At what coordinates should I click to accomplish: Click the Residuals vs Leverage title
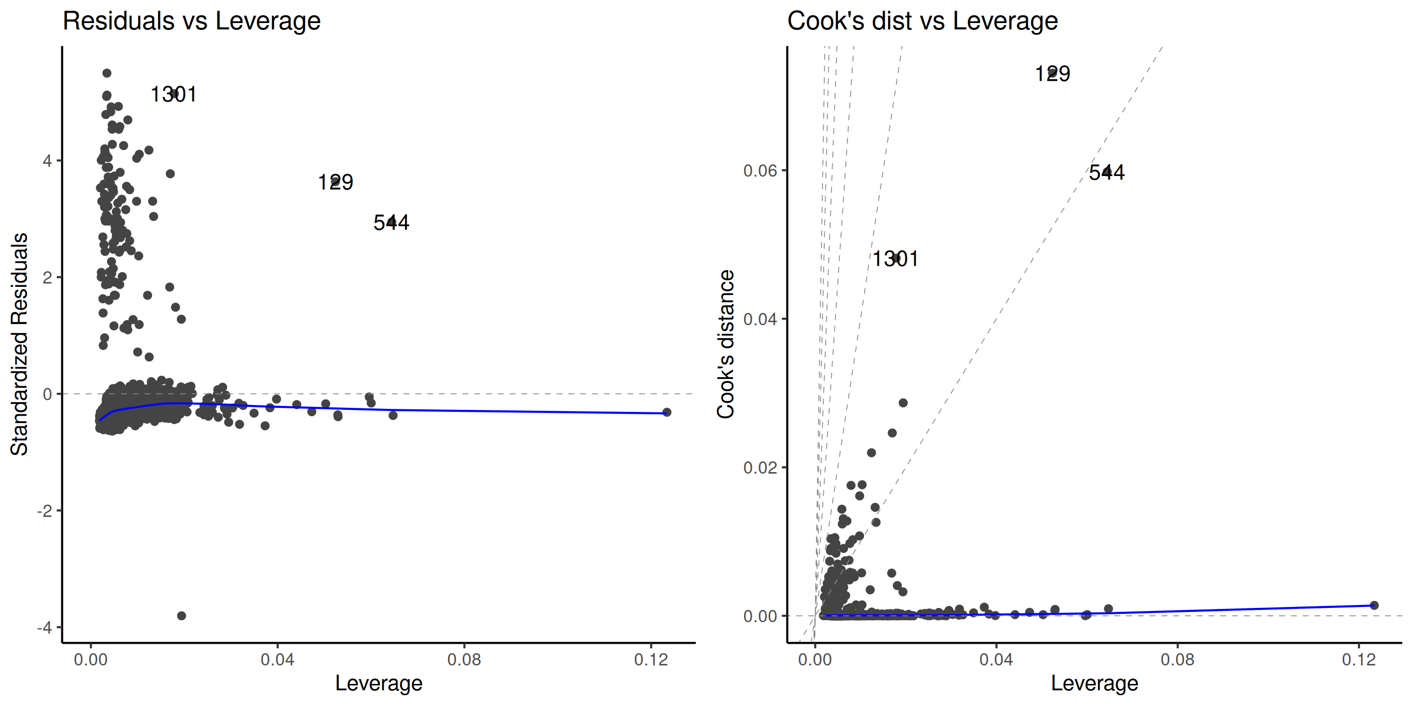[191, 22]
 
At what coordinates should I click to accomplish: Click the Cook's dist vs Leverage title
[922, 22]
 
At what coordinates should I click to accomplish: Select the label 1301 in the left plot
[173, 94]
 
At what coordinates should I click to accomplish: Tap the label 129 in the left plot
[335, 182]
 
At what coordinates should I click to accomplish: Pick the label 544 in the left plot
[391, 223]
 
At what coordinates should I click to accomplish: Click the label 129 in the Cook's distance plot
[1052, 74]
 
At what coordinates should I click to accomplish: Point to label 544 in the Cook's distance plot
[1106, 173]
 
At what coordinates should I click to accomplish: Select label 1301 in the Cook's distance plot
[895, 259]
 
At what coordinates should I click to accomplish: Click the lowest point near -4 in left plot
[182, 616]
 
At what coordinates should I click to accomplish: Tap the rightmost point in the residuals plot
[666, 412]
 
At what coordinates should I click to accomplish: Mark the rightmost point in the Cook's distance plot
[1374, 605]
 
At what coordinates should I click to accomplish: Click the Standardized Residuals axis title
[20, 344]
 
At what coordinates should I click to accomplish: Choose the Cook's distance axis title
[726, 344]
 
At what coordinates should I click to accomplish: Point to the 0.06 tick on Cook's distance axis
[760, 171]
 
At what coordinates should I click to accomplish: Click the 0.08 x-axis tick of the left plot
[464, 659]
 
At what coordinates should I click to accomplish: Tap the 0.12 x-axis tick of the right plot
[1359, 659]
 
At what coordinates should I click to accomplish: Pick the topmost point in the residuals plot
[107, 73]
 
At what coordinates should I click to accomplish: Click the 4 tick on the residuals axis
[47, 161]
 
